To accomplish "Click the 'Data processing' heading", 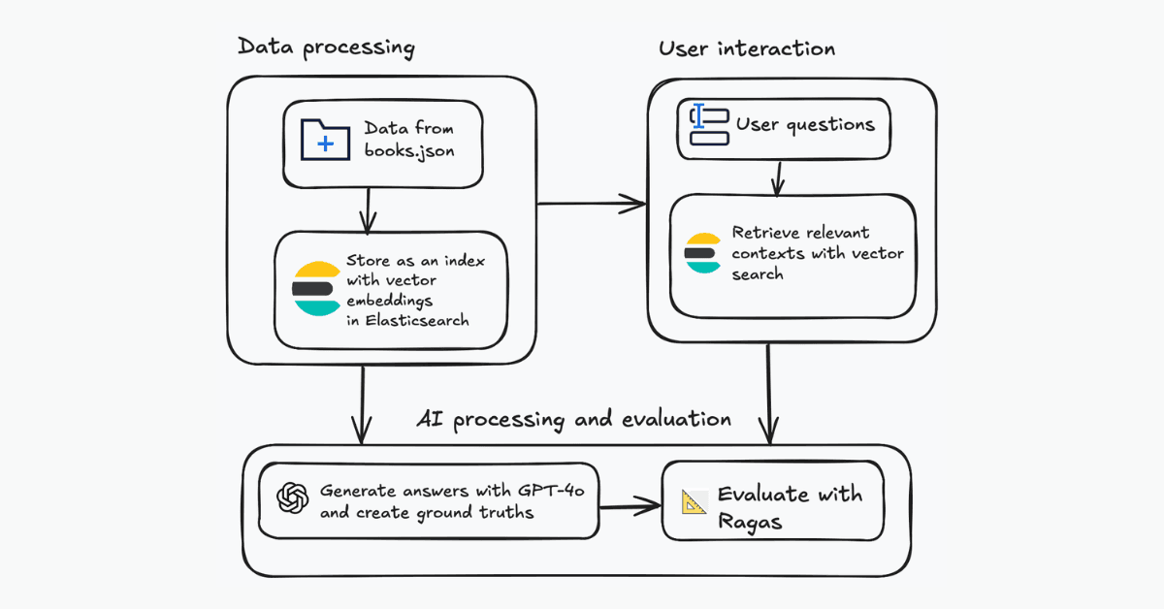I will pyautogui.click(x=326, y=48).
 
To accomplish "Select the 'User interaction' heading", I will pyautogui.click(x=747, y=48).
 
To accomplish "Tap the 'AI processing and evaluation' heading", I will pyautogui.click(x=573, y=419).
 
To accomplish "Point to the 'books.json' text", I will pyautogui.click(x=408, y=150).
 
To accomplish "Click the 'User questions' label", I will pyautogui.click(x=805, y=124).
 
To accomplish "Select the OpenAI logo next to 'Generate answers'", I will pyautogui.click(x=291, y=498).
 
